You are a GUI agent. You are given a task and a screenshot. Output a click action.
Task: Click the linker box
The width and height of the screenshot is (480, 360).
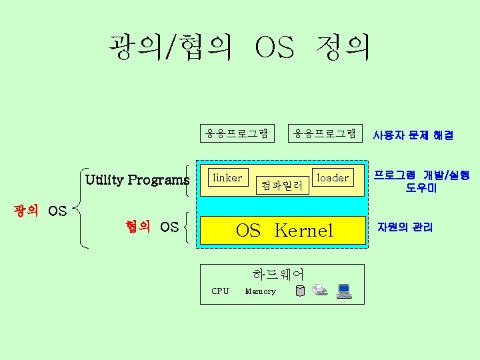coord(227,177)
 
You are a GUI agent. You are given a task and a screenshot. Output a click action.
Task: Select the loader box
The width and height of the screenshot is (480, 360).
coord(332,177)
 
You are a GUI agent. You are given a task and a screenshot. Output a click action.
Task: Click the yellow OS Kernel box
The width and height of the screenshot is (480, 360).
coord(284,231)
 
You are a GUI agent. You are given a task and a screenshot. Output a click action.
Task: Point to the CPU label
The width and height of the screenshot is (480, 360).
coord(220,291)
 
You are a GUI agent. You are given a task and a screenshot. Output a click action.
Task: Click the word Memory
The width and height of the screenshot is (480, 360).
coord(260,291)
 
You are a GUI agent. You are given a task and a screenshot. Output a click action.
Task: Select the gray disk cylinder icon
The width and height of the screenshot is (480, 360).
coord(300,291)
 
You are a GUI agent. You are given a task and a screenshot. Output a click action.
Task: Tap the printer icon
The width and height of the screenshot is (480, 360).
coord(320,290)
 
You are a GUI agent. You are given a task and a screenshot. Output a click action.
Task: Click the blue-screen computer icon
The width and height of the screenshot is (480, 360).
coord(344,290)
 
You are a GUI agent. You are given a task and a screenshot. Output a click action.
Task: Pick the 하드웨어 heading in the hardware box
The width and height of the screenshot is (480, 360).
coord(278,274)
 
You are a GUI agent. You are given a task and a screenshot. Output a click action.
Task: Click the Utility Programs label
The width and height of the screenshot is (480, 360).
coord(137,180)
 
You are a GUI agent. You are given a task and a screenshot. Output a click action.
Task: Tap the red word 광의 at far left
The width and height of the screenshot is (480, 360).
coord(26,211)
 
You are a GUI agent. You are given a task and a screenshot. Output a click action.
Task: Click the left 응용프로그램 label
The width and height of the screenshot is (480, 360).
coord(237,133)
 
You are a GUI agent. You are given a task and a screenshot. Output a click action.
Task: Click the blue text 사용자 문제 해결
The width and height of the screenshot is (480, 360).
coord(413,135)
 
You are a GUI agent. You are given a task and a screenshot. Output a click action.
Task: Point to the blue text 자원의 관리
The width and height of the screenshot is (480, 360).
coord(405,227)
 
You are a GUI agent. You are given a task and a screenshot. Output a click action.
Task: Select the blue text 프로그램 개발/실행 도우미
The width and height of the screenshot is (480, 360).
coord(421,181)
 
